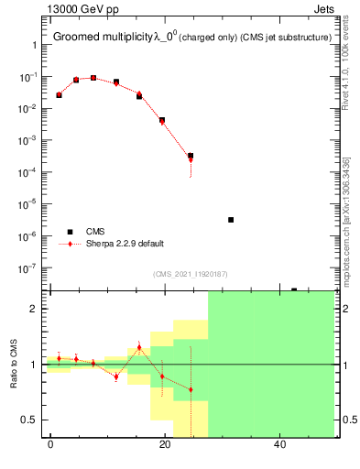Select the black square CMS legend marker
[68, 231]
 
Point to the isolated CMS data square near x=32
[231, 220]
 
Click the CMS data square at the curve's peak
[93, 78]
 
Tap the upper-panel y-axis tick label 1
[35, 45]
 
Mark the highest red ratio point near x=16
[139, 347]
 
